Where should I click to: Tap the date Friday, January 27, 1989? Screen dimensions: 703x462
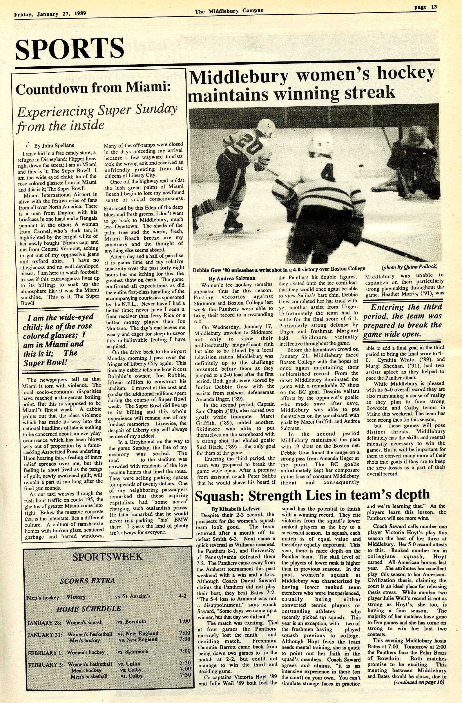coord(50,14)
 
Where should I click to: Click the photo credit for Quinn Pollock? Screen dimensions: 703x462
coord(410,267)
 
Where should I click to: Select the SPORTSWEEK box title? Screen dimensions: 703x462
coord(107,556)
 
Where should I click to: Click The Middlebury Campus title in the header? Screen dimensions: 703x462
coord(229,11)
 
